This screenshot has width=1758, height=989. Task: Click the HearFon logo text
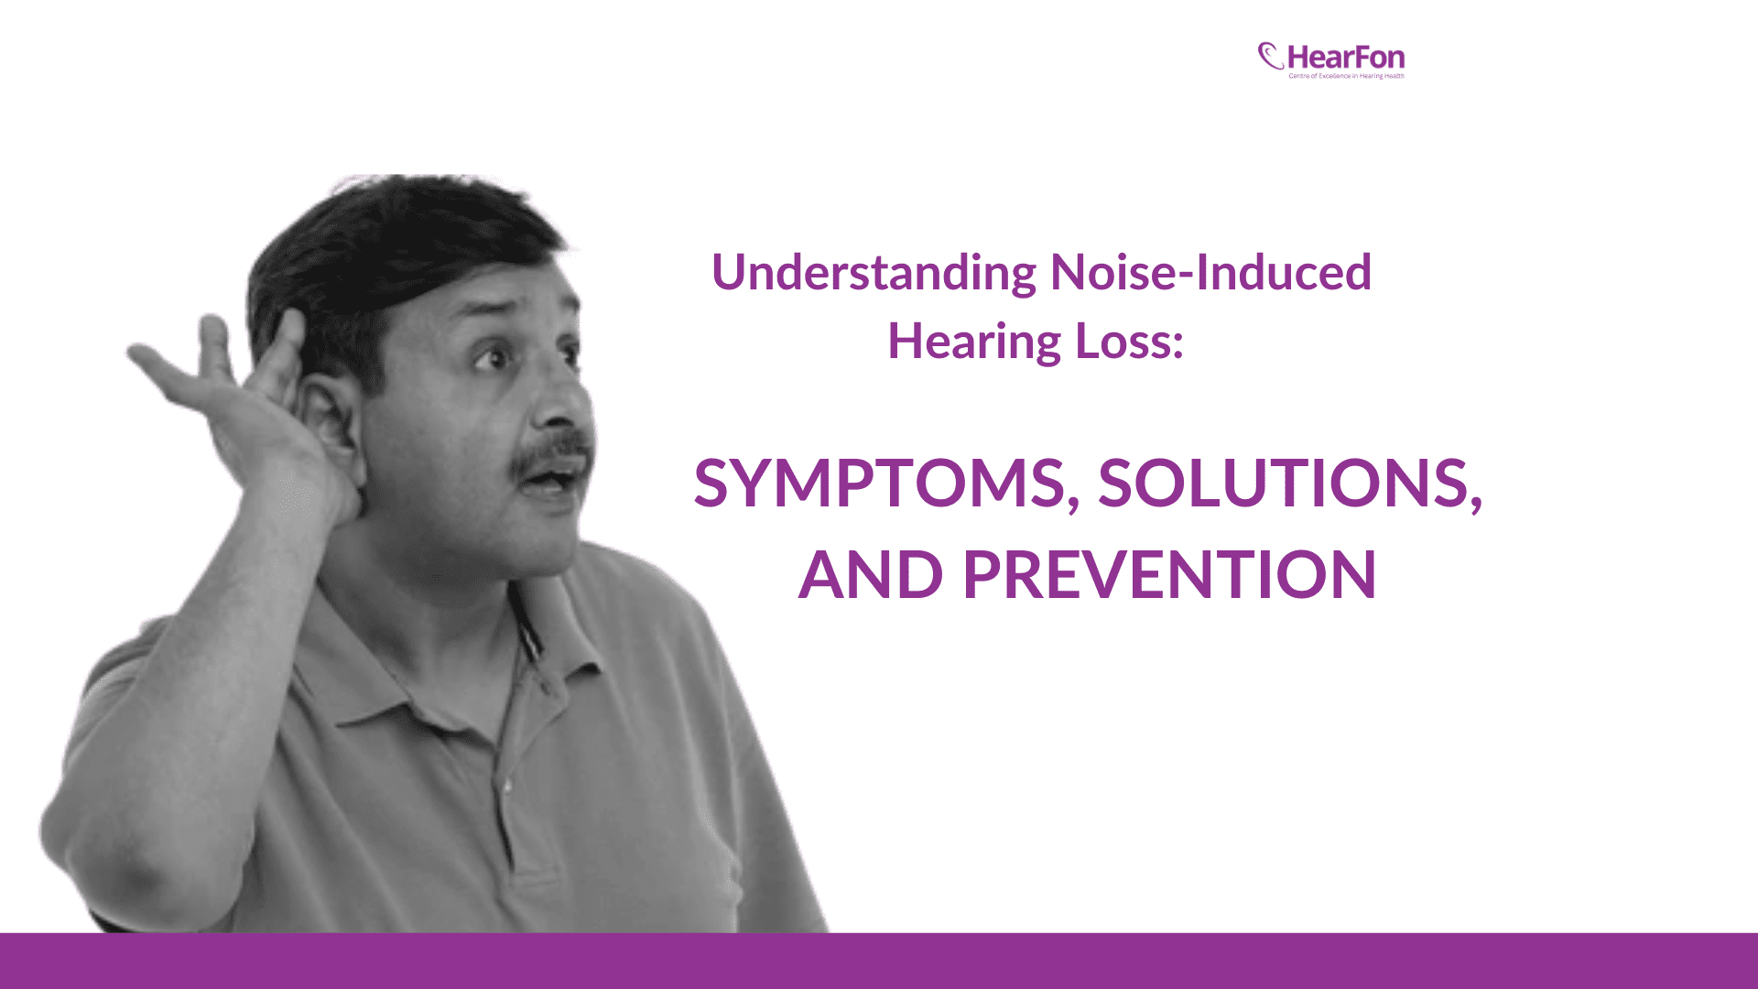[x=1345, y=58]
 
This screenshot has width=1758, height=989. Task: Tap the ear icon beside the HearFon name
[x=1270, y=57]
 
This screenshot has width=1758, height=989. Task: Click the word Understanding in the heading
[x=874, y=273]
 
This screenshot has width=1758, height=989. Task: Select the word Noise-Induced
[x=1210, y=273]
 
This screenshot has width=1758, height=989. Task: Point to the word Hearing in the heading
[x=974, y=342]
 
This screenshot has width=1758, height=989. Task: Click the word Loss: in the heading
[x=1129, y=342]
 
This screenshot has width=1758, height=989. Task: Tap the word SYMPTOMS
[x=881, y=484]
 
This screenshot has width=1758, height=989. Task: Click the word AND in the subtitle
[x=870, y=575]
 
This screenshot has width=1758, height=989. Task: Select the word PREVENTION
[x=1169, y=575]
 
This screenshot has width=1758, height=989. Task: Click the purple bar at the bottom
[x=879, y=961]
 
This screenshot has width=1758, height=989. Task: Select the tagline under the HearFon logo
[x=1346, y=76]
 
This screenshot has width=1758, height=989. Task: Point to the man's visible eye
[x=495, y=356]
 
